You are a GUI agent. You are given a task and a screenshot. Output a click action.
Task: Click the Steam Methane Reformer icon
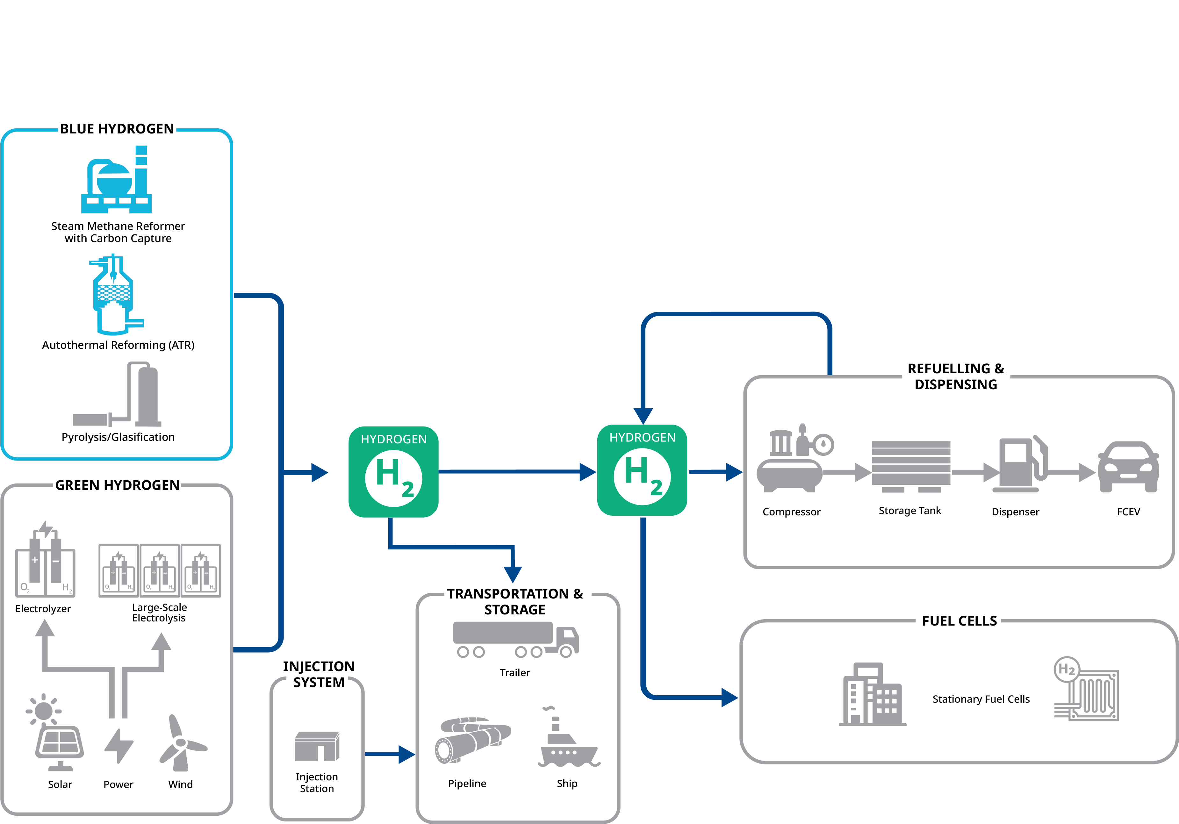tap(117, 181)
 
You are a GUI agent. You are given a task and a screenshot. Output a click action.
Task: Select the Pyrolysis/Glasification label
tap(118, 437)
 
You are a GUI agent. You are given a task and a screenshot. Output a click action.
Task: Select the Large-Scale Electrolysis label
tap(159, 613)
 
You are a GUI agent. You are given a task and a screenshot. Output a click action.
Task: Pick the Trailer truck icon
tap(515, 639)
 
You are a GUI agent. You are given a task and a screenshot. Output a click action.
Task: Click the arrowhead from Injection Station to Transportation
tap(407, 754)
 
